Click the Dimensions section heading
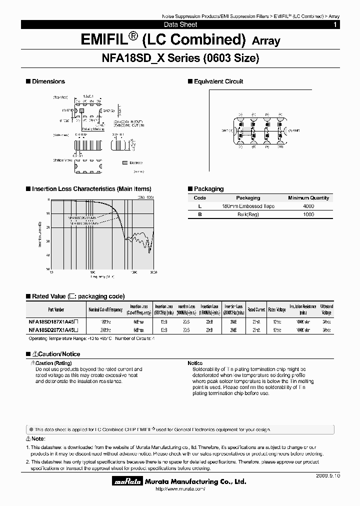point(48,81)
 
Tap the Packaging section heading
point(208,189)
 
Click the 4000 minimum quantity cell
point(308,206)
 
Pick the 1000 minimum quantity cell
point(308,214)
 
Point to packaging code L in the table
point(200,206)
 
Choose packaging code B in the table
point(200,214)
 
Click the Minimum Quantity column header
point(308,198)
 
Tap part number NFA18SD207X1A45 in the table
point(56,330)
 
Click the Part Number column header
point(56,309)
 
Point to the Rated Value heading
point(78,296)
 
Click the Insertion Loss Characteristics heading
point(91,189)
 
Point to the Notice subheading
point(195,363)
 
